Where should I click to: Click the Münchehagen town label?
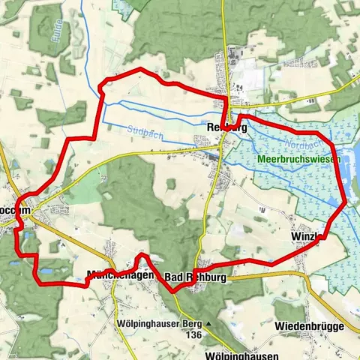(x=120, y=274)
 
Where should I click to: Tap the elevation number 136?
(x=193, y=334)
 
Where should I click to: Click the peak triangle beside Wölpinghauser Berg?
(x=208, y=323)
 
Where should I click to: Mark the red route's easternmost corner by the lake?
(x=346, y=201)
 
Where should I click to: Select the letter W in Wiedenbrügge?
(x=279, y=327)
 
